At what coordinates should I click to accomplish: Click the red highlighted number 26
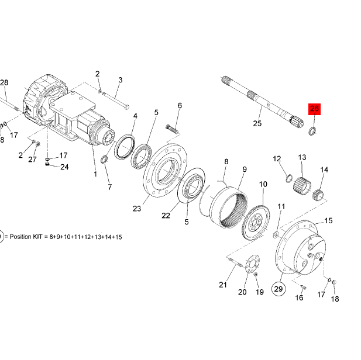(x=314, y=109)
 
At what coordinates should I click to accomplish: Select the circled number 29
(x=279, y=289)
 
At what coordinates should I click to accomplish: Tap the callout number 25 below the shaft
(x=257, y=123)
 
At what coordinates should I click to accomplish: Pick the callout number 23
(x=137, y=209)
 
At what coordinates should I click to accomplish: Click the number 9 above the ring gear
(x=245, y=169)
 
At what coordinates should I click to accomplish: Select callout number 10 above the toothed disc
(x=263, y=184)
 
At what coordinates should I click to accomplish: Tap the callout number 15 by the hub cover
(x=328, y=221)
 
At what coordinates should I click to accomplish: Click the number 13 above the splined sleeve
(x=302, y=157)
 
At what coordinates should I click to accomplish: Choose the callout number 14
(x=324, y=170)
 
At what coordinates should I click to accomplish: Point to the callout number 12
(x=277, y=158)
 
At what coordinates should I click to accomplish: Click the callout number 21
(x=222, y=285)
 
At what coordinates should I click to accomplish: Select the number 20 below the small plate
(x=242, y=292)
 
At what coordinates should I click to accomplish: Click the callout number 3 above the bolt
(x=120, y=80)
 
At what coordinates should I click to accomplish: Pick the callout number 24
(x=64, y=167)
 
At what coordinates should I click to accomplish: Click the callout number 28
(x=4, y=83)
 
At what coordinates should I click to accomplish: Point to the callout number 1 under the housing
(x=95, y=174)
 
